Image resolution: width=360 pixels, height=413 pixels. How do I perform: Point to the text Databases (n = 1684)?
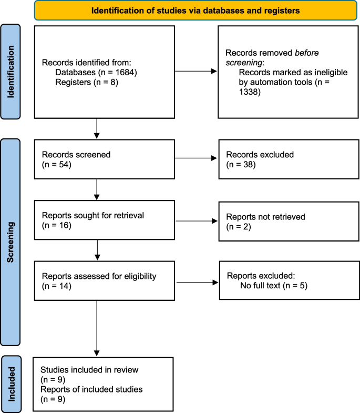click(x=96, y=72)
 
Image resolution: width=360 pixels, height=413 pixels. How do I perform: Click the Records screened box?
click(x=104, y=160)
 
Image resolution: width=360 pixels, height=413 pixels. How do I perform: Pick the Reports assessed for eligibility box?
click(x=104, y=281)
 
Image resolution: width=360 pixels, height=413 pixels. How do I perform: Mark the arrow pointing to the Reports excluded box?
click(x=196, y=283)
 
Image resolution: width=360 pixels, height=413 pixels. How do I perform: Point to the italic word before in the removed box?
click(x=293, y=53)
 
